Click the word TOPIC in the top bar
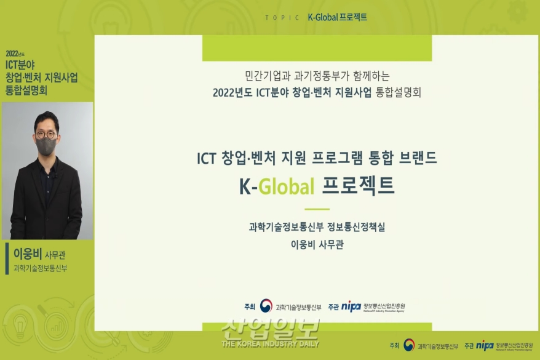pyautogui.click(x=282, y=17)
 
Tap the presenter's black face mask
pyautogui.click(x=46, y=146)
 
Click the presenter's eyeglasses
pyautogui.click(x=46, y=134)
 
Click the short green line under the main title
pyautogui.click(x=317, y=209)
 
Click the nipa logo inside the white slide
pyautogui.click(x=351, y=306)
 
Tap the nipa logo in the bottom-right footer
pyautogui.click(x=485, y=345)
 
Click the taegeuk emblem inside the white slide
pyautogui.click(x=266, y=306)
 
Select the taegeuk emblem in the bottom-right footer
pyautogui.click(x=409, y=345)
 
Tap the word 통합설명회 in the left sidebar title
pyautogui.click(x=26, y=90)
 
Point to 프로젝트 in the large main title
pyautogui.click(x=359, y=185)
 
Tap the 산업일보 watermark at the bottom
pyautogui.click(x=271, y=332)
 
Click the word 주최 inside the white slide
pyautogui.click(x=249, y=306)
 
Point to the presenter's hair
pyautogui.click(x=46, y=118)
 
